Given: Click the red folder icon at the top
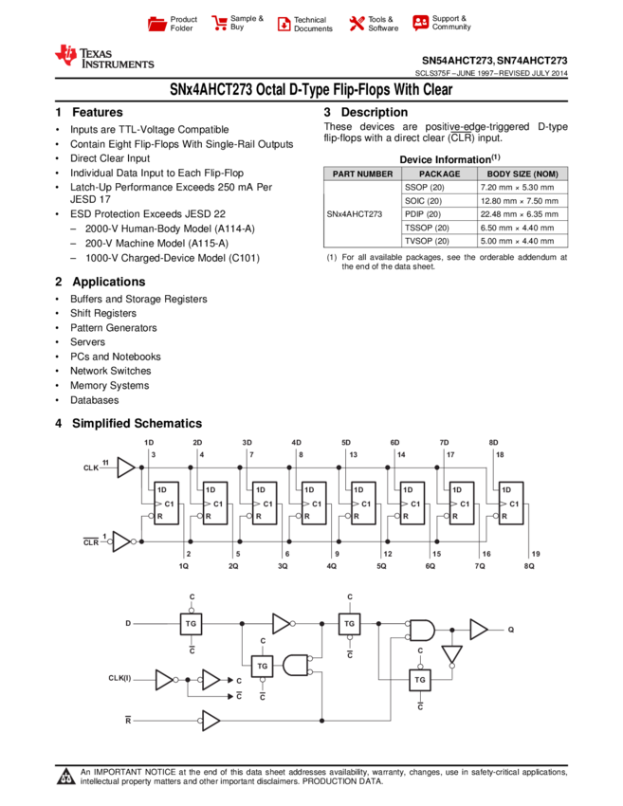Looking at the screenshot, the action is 157,25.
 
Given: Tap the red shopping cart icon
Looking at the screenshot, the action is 220,24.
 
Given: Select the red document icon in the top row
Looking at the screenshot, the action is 284,25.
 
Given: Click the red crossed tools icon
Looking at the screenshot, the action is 357,24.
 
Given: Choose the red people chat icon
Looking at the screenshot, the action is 421,23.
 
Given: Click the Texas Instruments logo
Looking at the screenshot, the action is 103,57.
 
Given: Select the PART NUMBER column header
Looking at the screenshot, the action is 362,174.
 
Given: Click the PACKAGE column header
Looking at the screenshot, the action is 439,174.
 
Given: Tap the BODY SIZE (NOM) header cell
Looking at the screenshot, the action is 522,174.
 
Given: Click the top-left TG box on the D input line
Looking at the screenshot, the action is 192,624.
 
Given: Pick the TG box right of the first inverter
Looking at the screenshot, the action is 349,624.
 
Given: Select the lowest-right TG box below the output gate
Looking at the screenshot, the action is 420,680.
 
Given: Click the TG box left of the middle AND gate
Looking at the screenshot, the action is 263,667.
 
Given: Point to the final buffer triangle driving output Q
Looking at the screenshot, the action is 479,630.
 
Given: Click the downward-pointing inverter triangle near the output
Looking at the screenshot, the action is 451,654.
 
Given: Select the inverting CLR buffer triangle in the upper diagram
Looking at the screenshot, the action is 121,541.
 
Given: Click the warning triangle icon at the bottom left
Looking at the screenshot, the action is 66,778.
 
